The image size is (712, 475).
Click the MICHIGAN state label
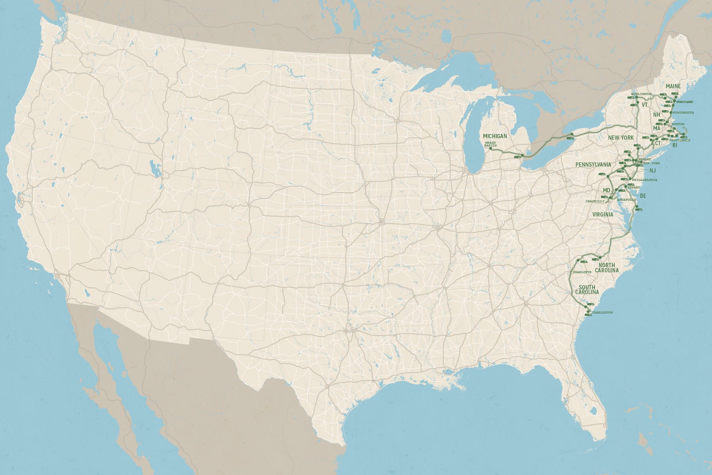click(x=495, y=136)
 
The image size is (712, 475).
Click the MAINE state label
click(x=673, y=86)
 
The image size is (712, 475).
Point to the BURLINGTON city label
click(x=641, y=93)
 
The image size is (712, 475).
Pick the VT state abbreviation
click(x=645, y=105)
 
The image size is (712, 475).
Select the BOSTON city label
click(x=678, y=124)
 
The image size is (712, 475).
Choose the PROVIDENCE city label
click(x=680, y=141)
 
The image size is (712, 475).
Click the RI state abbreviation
click(x=675, y=146)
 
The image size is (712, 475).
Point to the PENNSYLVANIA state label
click(x=593, y=164)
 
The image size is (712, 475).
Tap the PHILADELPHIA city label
click(x=644, y=180)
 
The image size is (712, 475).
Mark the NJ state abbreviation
click(x=653, y=171)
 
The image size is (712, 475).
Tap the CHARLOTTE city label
click(x=582, y=272)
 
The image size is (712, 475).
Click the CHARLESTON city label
click(x=602, y=313)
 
